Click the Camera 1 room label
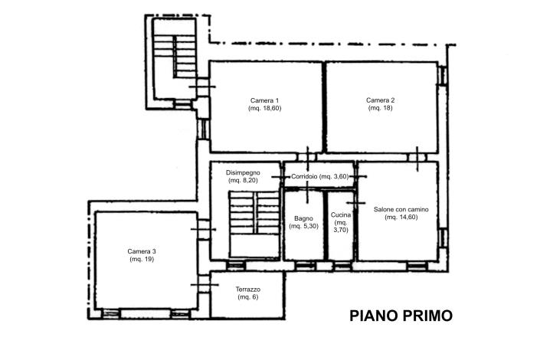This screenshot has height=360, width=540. pyautogui.click(x=264, y=100)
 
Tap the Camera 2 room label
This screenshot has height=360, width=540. pyautogui.click(x=381, y=100)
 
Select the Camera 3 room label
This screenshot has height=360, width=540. pyautogui.click(x=142, y=251)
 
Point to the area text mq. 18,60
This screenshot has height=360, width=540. pyautogui.click(x=264, y=109)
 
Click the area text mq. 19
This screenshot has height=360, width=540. pyautogui.click(x=142, y=260)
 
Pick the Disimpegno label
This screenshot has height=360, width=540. pyautogui.click(x=243, y=172)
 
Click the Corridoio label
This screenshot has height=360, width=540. pyautogui.click(x=303, y=177)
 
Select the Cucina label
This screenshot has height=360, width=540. pyautogui.click(x=341, y=215)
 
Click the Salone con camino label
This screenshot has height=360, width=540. pyautogui.click(x=401, y=209)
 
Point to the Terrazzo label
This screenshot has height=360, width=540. pyautogui.click(x=248, y=289)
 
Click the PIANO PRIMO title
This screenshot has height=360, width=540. pyautogui.click(x=401, y=315)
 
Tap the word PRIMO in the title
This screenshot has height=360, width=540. pyautogui.click(x=426, y=315)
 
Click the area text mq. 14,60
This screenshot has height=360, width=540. pyautogui.click(x=401, y=218)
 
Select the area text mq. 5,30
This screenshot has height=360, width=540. pyautogui.click(x=303, y=227)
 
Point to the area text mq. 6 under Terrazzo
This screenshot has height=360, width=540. pyautogui.click(x=248, y=297)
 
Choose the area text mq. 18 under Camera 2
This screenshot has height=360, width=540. pyautogui.click(x=381, y=109)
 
